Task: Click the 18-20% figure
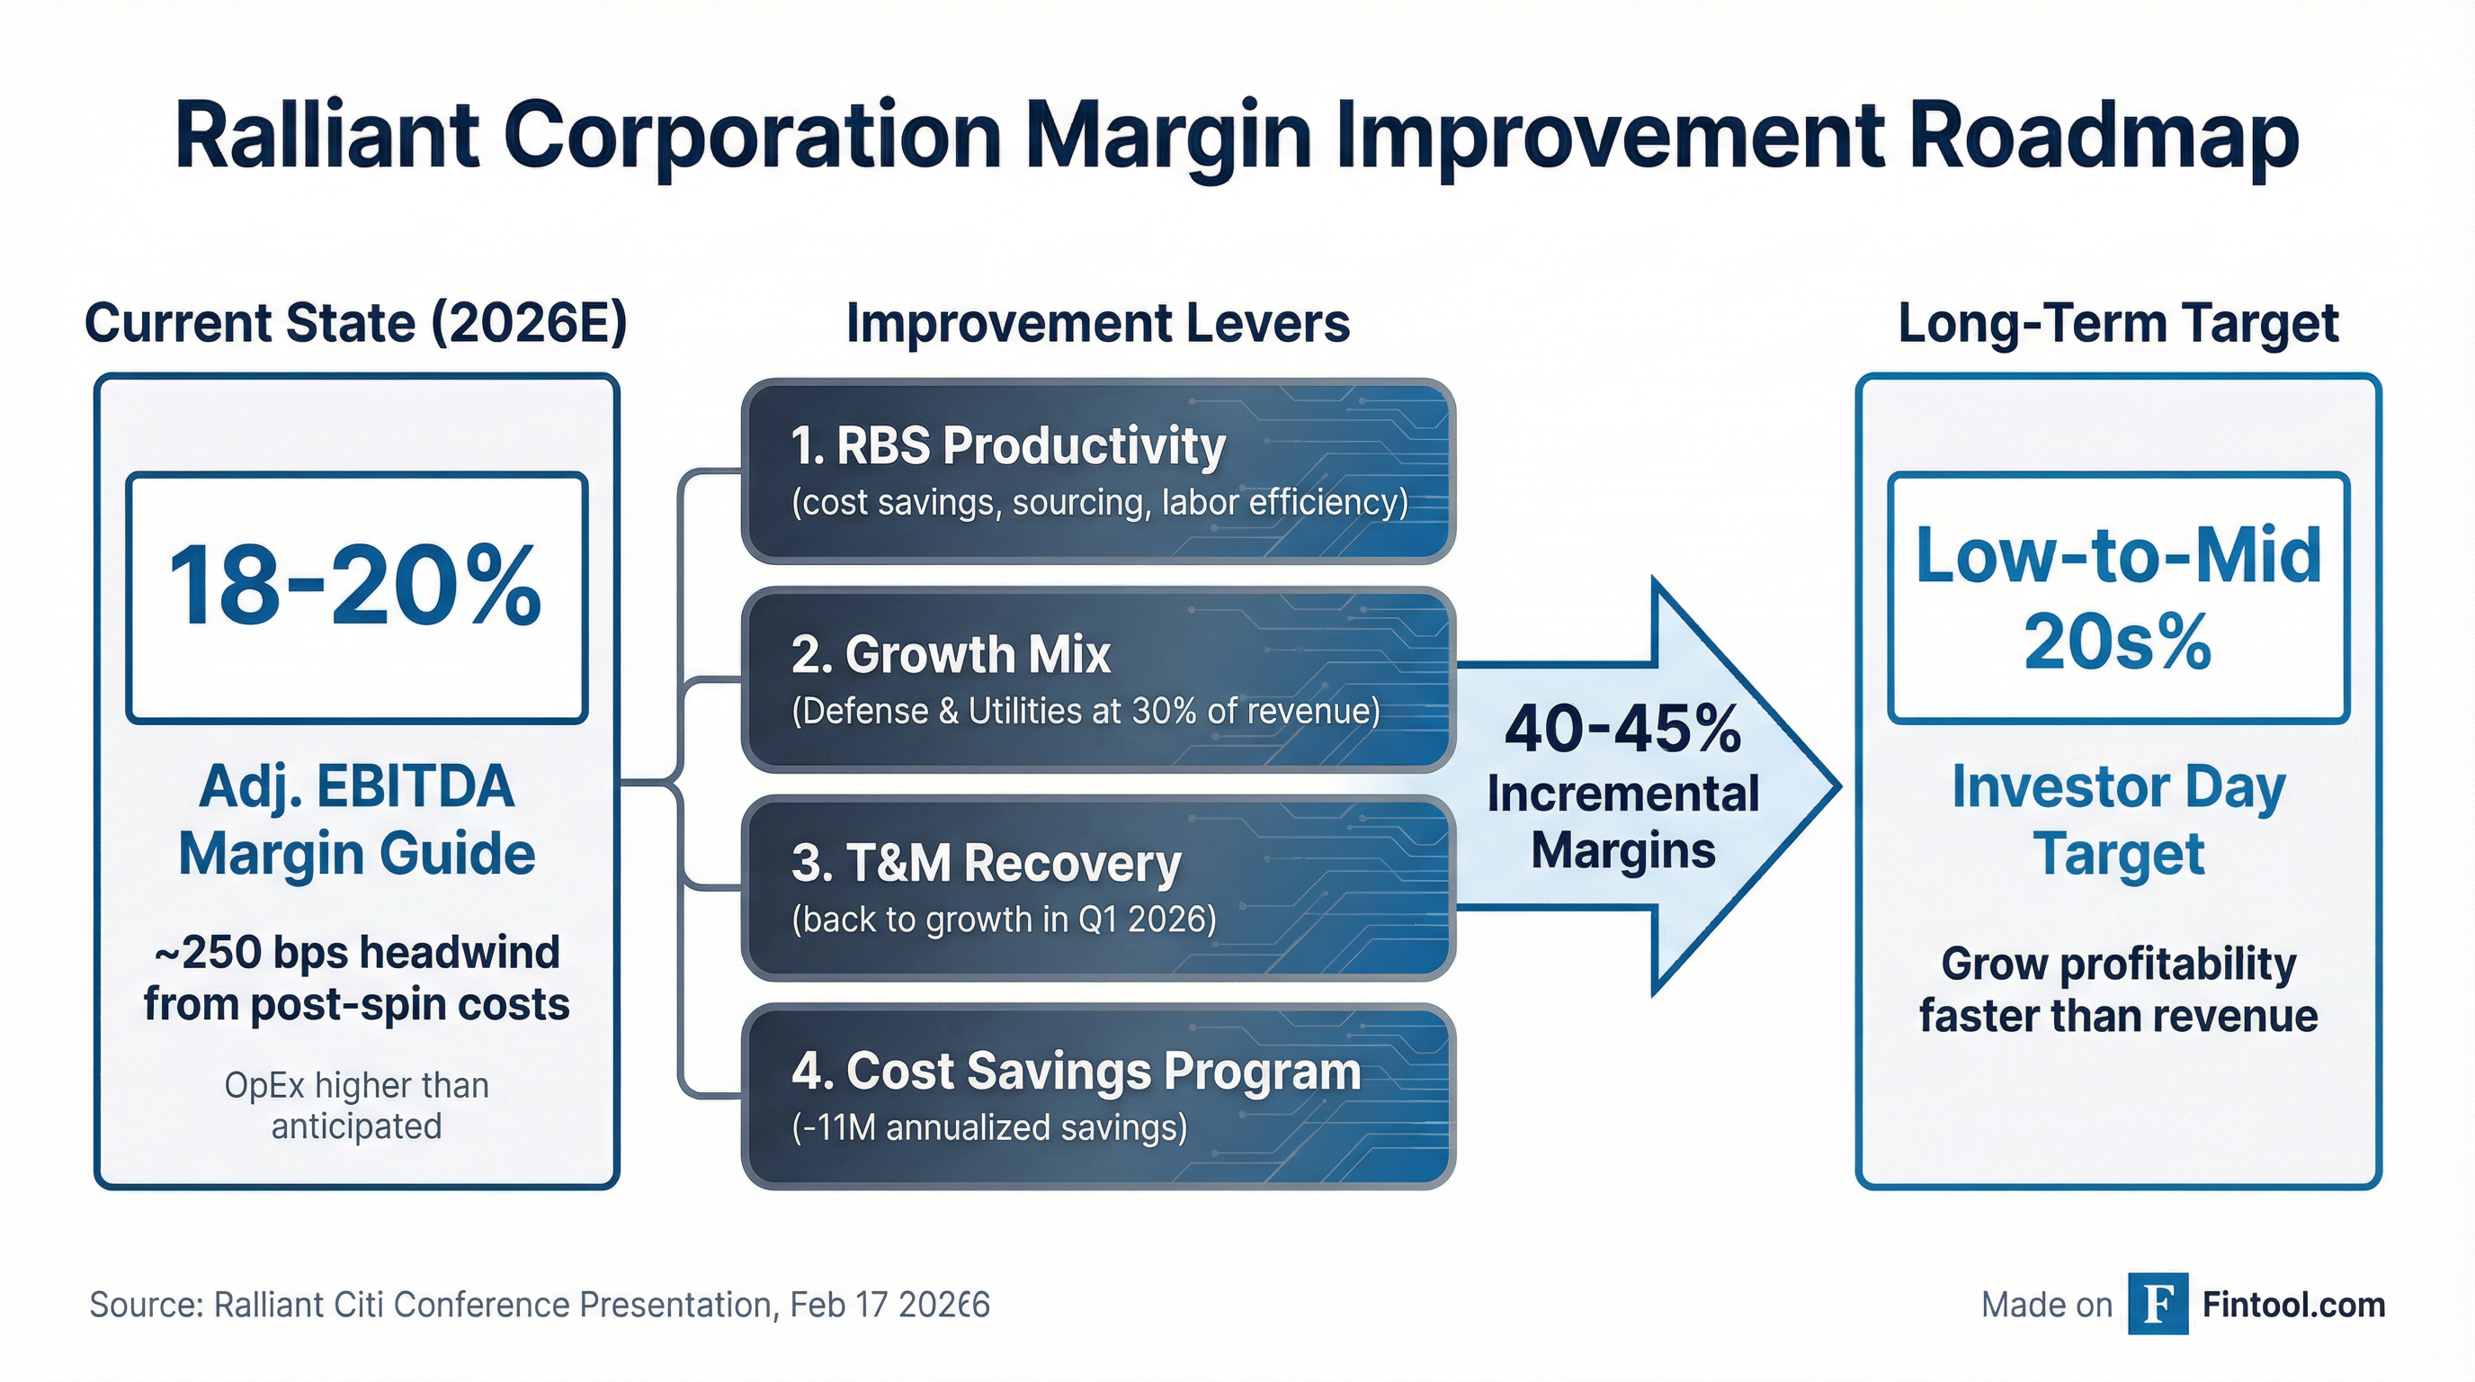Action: pos(354,588)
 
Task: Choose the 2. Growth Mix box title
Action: pos(951,655)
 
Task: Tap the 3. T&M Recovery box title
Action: pos(986,863)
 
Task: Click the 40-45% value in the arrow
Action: pos(1622,730)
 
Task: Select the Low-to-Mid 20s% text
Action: pos(2118,597)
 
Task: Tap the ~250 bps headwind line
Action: pos(356,954)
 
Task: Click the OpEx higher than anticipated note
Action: pos(356,1105)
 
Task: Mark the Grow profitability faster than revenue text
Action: pos(2118,989)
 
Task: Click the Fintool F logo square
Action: pos(2157,1304)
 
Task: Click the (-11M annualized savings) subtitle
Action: pos(988,1127)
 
